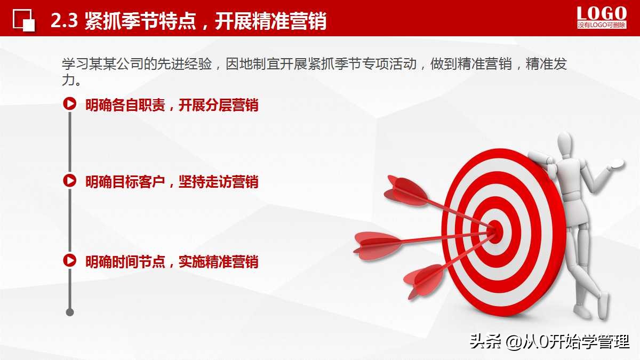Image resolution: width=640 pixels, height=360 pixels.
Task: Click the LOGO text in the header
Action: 602,13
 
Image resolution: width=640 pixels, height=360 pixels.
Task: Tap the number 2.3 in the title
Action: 65,21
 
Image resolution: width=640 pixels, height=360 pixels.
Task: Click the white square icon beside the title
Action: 24,21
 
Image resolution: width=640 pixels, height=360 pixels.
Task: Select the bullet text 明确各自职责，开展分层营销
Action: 172,105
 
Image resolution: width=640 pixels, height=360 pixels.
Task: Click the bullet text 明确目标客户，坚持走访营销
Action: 172,182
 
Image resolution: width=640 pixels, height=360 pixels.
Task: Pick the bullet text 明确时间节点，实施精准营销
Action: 172,261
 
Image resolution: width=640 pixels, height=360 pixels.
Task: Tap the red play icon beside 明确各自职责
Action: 69,103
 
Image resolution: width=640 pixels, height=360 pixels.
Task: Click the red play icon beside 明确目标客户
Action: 69,180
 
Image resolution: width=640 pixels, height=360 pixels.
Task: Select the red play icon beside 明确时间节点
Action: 69,260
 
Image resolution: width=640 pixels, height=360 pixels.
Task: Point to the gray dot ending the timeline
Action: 69,312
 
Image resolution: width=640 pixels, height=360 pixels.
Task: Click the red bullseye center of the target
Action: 495,229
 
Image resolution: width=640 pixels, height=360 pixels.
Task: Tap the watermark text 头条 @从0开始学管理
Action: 549,341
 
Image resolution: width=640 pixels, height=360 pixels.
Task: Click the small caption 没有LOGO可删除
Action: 602,25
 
